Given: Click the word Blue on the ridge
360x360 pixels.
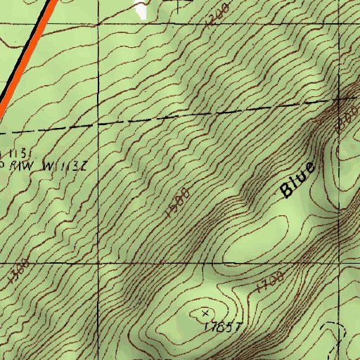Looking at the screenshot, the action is click(297, 180).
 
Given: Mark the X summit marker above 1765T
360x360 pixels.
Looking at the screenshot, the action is click(205, 311).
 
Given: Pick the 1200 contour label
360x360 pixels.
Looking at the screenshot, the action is click(219, 13).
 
